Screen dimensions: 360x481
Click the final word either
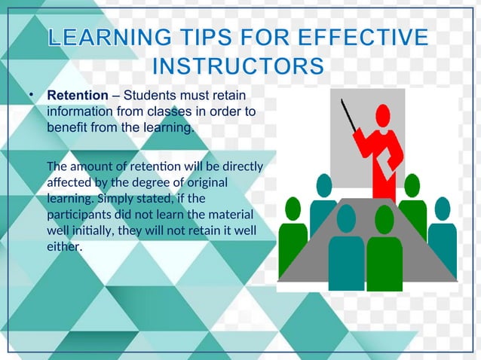point(64,246)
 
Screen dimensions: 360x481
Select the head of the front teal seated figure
point(346,218)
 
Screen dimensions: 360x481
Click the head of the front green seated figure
point(384,219)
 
